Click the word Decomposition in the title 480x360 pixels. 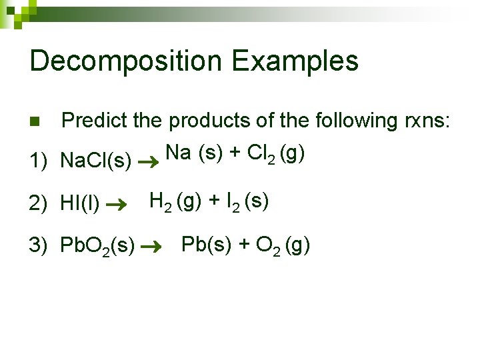(126, 61)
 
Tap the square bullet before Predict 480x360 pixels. (35, 122)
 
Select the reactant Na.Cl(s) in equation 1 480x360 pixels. (95, 161)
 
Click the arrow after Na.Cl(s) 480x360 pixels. (148, 161)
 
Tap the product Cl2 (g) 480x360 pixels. (276, 154)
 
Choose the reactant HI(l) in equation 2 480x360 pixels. (80, 204)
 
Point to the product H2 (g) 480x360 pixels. (176, 201)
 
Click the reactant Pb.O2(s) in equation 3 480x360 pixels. (97, 247)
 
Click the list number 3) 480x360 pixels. (38, 245)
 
